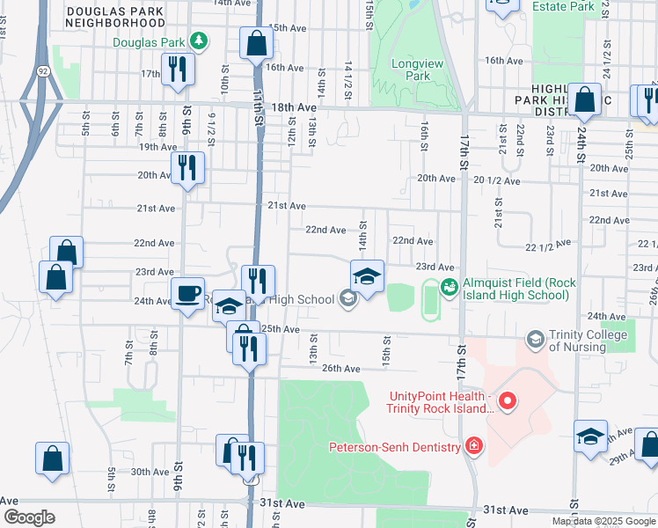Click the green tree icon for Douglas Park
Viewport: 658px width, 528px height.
(x=201, y=41)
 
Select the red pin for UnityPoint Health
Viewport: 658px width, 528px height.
(x=508, y=402)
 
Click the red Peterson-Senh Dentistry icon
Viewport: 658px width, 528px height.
(x=474, y=446)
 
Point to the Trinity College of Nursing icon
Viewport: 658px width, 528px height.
(x=535, y=339)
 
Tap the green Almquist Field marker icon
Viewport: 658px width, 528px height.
(x=449, y=285)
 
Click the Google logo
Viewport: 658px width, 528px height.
(x=29, y=517)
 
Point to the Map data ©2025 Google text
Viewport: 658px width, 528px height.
(x=603, y=521)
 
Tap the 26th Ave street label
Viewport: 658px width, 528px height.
(x=341, y=368)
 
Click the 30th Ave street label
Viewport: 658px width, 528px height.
(x=150, y=472)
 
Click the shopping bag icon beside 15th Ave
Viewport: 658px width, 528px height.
(x=255, y=44)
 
